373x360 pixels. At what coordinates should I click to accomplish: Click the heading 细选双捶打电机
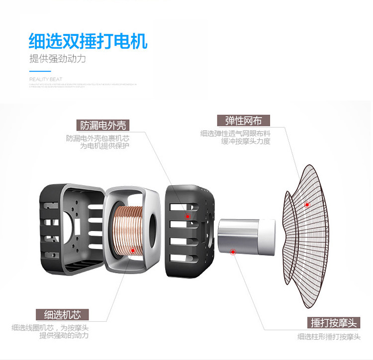[89, 40]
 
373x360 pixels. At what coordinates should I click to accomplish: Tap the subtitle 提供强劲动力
[58, 59]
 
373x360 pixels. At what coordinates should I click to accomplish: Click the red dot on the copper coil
[132, 251]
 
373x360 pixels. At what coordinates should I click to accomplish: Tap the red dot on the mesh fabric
[307, 205]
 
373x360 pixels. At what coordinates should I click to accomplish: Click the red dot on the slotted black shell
[187, 217]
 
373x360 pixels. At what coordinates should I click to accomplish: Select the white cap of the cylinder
[267, 237]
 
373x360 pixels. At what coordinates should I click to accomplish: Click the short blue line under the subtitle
[36, 71]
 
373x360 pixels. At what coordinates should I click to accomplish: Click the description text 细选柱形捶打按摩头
[329, 337]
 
